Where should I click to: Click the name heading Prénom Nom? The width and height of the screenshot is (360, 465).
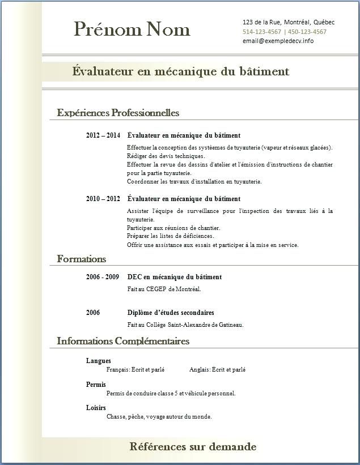[132, 29]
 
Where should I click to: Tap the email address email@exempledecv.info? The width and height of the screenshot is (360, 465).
[278, 41]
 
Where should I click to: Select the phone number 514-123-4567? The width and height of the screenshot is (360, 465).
[261, 32]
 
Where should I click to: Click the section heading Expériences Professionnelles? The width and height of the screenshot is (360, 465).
[118, 113]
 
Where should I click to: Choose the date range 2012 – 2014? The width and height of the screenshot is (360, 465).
[103, 135]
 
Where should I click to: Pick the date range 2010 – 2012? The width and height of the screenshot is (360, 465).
[103, 199]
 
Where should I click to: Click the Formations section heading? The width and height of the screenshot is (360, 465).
[82, 259]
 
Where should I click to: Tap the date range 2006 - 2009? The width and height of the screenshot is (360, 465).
[103, 277]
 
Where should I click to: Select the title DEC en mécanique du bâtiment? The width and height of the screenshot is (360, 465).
[175, 277]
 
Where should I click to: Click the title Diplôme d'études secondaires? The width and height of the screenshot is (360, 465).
[171, 313]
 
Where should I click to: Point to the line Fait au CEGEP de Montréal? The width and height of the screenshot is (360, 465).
[164, 289]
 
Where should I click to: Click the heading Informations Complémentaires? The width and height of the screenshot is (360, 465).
[123, 341]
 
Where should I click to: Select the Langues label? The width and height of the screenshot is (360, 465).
[99, 361]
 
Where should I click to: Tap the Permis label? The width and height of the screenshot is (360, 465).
[96, 385]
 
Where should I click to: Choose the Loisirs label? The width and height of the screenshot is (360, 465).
[96, 408]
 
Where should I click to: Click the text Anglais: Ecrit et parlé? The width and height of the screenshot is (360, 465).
[217, 369]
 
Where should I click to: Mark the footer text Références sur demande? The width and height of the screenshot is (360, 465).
[193, 447]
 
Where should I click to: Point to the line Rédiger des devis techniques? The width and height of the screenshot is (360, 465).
[166, 156]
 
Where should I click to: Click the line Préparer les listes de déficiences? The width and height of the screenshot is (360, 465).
[170, 236]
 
